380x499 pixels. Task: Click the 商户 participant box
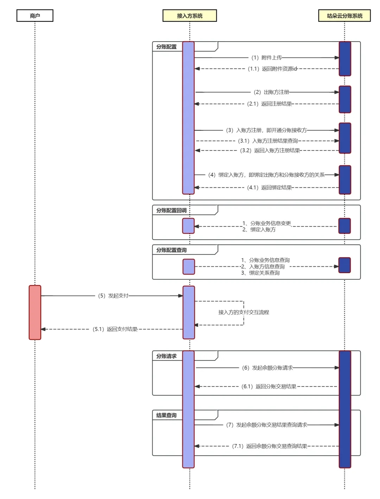coord(35,16)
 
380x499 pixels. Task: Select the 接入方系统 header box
coord(190,16)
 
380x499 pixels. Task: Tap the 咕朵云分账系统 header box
coord(344,16)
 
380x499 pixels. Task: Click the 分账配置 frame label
coord(166,47)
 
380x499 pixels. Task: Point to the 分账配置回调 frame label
coord(171,210)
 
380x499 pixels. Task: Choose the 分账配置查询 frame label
coord(171,250)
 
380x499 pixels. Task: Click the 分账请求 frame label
coord(166,356)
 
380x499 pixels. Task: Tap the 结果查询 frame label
coord(166,415)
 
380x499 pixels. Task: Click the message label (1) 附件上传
coord(266,57)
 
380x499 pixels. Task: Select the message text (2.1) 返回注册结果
coord(270,104)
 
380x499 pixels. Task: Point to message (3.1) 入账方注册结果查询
coord(268,141)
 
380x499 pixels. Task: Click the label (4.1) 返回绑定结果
coord(270,187)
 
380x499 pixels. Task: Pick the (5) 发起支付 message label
coord(113,296)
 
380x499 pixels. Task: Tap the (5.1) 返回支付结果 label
coord(115,329)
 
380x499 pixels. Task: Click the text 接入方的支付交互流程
coord(243,312)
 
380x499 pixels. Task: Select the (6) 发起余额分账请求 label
coord(267,368)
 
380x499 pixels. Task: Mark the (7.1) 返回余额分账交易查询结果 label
coord(270,446)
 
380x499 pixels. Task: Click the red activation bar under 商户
coord(35,313)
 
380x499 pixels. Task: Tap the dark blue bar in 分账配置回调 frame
coord(344,226)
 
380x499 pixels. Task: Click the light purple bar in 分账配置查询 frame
coord(189,267)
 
